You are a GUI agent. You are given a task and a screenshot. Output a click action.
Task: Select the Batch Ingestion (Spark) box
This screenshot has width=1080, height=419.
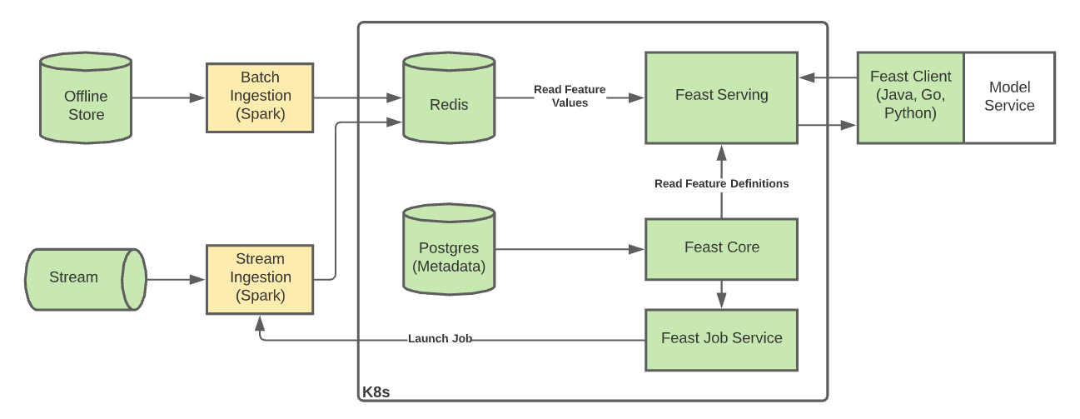point(260,97)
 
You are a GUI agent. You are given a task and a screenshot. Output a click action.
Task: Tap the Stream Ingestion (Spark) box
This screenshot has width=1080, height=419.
point(260,278)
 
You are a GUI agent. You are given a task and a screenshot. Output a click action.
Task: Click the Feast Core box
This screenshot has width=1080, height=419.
point(721,247)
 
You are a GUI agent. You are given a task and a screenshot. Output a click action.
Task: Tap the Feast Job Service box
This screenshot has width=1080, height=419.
point(721,339)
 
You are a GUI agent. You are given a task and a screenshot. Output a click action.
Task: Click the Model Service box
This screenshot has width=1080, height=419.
point(1009,97)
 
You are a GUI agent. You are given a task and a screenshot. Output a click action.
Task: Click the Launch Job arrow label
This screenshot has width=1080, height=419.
point(440,339)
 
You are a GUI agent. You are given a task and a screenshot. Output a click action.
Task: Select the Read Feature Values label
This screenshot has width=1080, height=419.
point(570,97)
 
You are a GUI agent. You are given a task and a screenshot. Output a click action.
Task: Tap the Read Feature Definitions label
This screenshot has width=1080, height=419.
point(721,183)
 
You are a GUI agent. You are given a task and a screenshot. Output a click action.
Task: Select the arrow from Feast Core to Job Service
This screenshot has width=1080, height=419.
point(721,293)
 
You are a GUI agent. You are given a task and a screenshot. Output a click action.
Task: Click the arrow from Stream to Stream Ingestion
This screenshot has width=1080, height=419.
point(176,279)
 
